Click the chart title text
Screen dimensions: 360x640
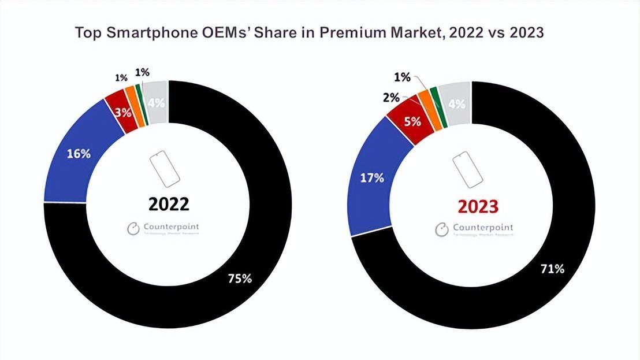[x=309, y=33]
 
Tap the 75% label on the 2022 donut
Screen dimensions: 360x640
[x=239, y=279]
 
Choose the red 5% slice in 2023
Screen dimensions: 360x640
[x=411, y=122]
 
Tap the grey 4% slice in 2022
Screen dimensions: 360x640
[x=156, y=102]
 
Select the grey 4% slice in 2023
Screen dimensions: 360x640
[x=456, y=104]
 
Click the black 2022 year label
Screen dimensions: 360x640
[x=169, y=204]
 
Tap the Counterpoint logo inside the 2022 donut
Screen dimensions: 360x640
[x=163, y=228]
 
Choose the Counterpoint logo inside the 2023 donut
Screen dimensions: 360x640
[x=474, y=229]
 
